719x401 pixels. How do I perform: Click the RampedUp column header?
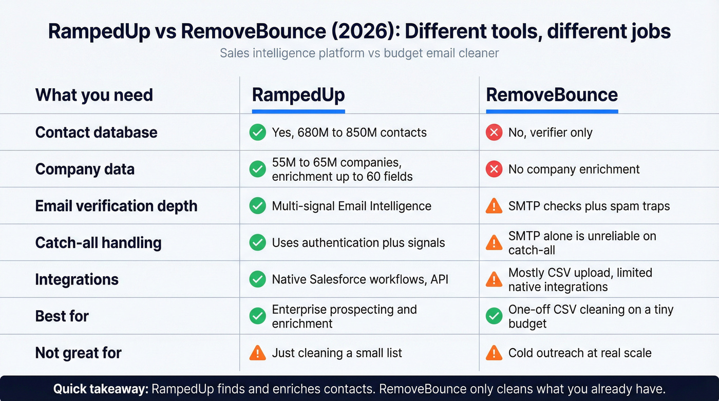coord(298,95)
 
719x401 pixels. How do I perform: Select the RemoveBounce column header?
coord(552,95)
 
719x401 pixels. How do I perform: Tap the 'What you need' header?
coord(94,95)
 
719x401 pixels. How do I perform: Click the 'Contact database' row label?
coord(96,132)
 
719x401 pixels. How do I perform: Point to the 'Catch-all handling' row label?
coord(98,242)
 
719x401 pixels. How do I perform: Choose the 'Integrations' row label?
coord(77,279)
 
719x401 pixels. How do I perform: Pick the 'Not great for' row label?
coord(78,353)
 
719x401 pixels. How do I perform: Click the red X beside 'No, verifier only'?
coord(494,132)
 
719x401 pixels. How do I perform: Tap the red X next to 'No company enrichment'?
coord(494,169)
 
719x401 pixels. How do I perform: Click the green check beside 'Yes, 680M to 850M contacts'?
coord(257,132)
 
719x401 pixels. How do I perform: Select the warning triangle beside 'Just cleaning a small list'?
coord(257,353)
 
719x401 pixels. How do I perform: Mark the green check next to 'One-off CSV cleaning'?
coord(494,316)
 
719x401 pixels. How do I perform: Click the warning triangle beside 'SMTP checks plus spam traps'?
coord(494,206)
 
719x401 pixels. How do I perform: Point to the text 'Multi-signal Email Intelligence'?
coord(351,206)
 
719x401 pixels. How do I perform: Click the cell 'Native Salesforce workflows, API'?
coord(360,279)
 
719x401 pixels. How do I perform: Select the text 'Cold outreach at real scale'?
coord(580,353)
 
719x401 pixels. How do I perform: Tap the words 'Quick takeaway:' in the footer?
coord(101,389)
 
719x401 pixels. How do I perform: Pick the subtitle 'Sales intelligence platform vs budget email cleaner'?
coord(359,53)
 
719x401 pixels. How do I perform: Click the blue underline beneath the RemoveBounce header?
coord(552,111)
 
